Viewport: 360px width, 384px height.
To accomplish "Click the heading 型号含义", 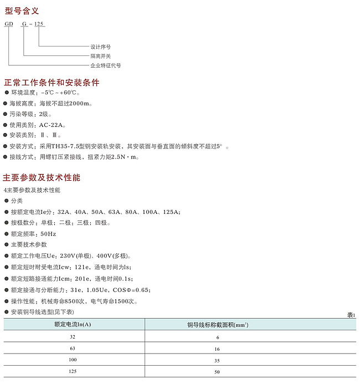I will click(x=22, y=10).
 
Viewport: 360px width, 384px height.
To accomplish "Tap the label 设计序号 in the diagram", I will click(x=100, y=47).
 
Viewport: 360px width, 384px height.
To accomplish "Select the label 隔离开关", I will click(x=100, y=56).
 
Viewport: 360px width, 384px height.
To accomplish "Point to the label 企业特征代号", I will click(x=105, y=65).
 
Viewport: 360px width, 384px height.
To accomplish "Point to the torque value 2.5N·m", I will click(x=125, y=157).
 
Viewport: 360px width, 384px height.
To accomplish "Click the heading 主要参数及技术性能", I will click(x=42, y=178).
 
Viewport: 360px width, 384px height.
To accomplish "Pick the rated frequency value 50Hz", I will click(x=48, y=234).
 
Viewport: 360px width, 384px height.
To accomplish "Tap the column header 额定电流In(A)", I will click(x=73, y=324).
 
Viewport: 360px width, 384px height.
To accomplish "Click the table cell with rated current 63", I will click(x=73, y=349).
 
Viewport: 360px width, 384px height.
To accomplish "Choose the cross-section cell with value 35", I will click(x=218, y=360).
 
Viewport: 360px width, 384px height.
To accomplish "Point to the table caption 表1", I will click(x=351, y=315).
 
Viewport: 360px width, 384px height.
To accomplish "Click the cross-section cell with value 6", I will click(x=218, y=337).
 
